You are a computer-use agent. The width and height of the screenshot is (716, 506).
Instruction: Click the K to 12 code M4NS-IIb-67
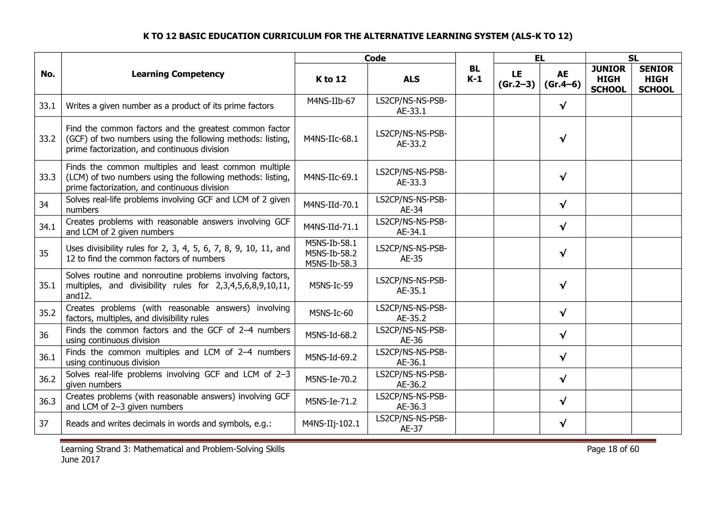pos(331,101)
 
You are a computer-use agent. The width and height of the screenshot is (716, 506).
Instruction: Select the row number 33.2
pos(47,139)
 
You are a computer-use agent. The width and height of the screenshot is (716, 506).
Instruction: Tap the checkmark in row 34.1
pos(563,227)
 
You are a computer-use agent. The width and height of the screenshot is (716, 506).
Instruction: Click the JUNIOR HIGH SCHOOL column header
pos(608,79)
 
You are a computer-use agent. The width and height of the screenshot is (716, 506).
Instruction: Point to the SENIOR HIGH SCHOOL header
pos(656,79)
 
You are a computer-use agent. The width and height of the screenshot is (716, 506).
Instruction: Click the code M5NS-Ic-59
pos(331,285)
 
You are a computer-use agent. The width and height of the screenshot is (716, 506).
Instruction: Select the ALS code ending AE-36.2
pos(411,379)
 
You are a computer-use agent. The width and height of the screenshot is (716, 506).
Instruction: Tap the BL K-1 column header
pos(474,74)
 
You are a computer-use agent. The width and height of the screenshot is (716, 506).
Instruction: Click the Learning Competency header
pos(178,74)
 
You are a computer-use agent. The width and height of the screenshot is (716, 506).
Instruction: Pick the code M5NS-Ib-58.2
pos(331,253)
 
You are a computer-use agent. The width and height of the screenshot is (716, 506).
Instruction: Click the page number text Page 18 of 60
pos(613,449)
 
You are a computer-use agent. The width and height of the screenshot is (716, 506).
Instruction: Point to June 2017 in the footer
pos(80,460)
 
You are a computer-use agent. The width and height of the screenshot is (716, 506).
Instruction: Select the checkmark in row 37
pos(563,424)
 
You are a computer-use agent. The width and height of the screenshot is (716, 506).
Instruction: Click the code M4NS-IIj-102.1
pos(331,424)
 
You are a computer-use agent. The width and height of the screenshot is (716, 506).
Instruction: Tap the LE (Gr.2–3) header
pos(516,79)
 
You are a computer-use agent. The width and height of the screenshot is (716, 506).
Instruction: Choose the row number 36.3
pos(47,401)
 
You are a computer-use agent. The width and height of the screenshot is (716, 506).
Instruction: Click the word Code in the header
pos(375,58)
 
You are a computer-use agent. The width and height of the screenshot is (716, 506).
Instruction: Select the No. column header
pos(48,74)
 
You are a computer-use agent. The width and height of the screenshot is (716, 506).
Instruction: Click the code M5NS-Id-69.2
pos(331,357)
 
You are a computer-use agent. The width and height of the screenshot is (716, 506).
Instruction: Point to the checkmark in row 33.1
pos(563,106)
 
